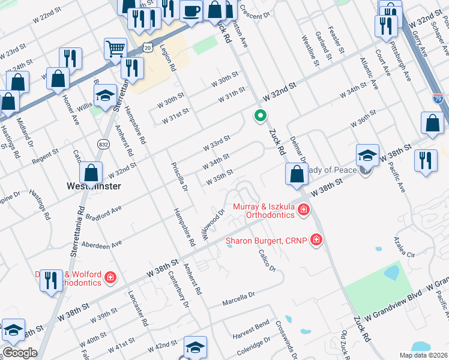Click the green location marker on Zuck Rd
tap(260, 116)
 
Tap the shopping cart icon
tap(115, 49)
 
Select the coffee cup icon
tap(191, 11)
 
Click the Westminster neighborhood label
tap(92, 186)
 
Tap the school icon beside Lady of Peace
tap(367, 155)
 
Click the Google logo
tap(19, 353)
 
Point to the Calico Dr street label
tap(268, 260)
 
